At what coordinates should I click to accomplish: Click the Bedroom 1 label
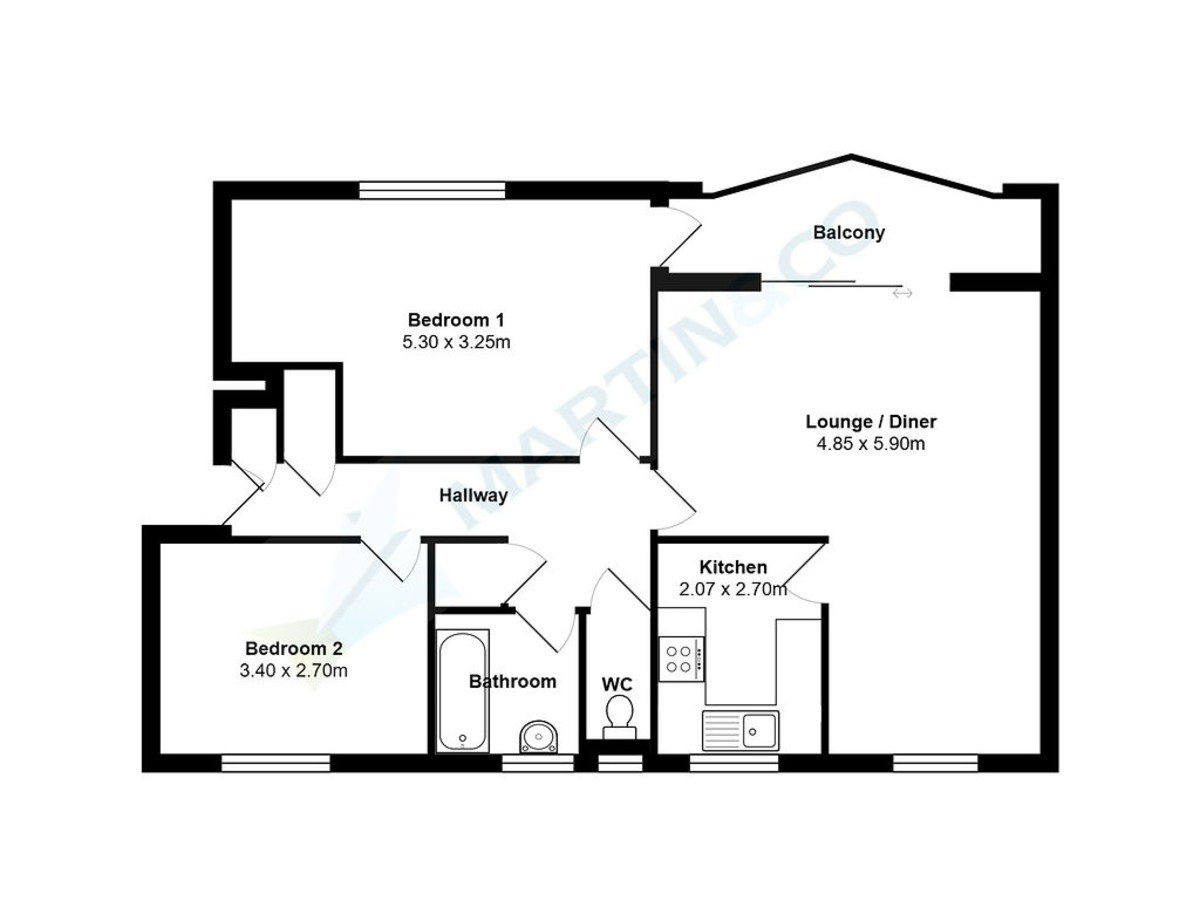click(x=455, y=319)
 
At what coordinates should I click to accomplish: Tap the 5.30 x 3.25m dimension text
click(x=456, y=342)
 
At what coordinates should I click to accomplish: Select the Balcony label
click(x=848, y=233)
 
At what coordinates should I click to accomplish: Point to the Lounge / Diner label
click(x=871, y=421)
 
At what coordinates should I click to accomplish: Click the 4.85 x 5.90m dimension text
click(x=871, y=443)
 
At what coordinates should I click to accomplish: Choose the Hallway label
click(x=473, y=496)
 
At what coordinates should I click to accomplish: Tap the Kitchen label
click(x=733, y=567)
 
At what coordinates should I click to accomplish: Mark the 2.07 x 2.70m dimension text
click(x=733, y=589)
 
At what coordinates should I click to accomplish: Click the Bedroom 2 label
click(x=294, y=648)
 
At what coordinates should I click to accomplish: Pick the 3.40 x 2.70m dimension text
click(x=294, y=670)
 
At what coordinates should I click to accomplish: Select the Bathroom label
click(x=512, y=682)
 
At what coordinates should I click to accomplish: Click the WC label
click(x=617, y=684)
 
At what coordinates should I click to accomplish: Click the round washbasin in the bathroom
click(x=538, y=737)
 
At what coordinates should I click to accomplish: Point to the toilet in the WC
click(x=619, y=717)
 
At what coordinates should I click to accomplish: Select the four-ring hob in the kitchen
click(x=681, y=659)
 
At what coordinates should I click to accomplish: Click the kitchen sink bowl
click(x=759, y=730)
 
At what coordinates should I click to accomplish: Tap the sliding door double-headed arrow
click(x=902, y=294)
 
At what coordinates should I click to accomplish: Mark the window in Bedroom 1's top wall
click(x=432, y=190)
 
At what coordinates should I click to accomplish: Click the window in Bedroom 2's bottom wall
click(x=276, y=763)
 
